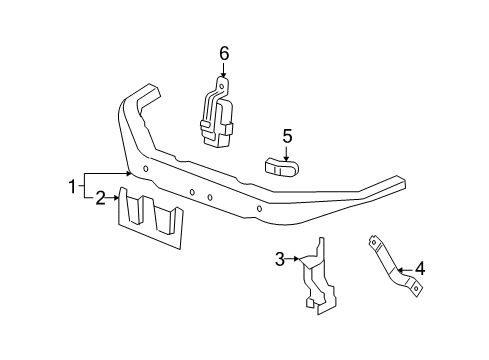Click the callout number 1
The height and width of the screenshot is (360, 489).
click(72, 186)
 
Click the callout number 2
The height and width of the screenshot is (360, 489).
click(99, 199)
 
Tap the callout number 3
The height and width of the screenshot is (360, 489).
click(281, 260)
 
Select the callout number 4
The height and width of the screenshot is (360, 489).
click(420, 268)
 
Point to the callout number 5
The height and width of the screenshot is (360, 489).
click(286, 134)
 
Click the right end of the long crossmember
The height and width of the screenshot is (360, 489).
click(397, 184)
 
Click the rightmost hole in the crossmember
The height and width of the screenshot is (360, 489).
click(260, 208)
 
